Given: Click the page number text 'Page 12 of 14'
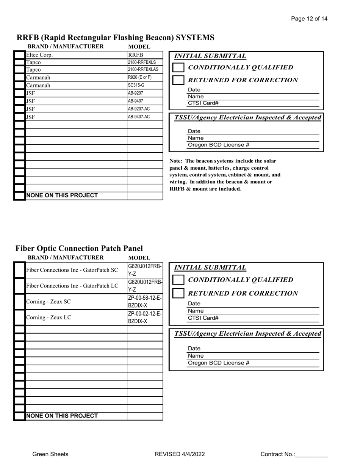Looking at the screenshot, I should point(309,19).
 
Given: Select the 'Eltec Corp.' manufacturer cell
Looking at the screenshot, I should point(76,55).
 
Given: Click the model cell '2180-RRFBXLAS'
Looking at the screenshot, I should point(145,70).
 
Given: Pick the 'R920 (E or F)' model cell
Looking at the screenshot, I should point(145,77).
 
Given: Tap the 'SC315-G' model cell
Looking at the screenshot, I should point(145,85).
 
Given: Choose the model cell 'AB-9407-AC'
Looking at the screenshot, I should point(145,117).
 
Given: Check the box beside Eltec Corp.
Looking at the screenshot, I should point(20,55).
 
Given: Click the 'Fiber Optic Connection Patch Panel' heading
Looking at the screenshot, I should point(79,248).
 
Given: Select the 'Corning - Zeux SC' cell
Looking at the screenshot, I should point(76,302).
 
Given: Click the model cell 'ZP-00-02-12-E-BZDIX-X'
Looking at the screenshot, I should point(145,317).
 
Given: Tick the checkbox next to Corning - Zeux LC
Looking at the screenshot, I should point(20,317).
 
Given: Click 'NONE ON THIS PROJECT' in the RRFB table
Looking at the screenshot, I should point(76,195).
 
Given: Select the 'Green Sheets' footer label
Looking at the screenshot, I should point(50,454).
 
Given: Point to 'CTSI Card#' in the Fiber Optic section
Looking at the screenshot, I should point(203,318).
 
